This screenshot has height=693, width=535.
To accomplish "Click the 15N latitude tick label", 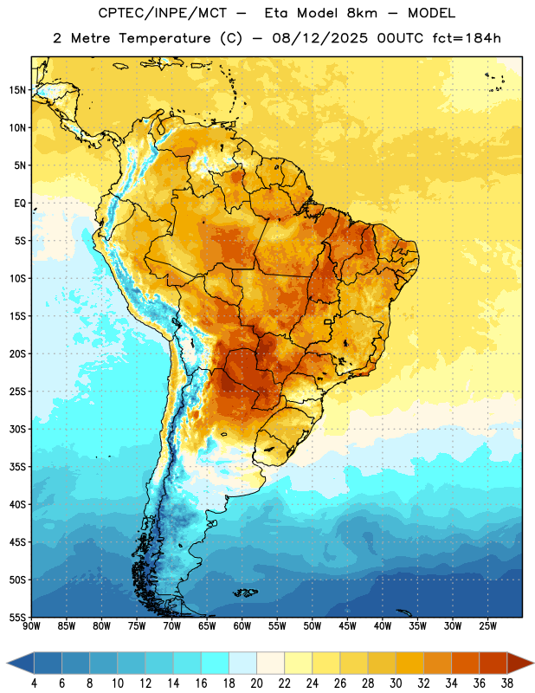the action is coord(17,90).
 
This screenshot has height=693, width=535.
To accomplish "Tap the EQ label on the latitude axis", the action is coord(20,204).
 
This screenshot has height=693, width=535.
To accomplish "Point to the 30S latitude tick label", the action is coord(17,429).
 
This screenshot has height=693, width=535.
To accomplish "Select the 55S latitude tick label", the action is coord(17,618).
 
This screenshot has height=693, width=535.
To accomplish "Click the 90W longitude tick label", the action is coord(31,626).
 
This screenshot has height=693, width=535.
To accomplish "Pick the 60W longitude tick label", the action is coord(242,626).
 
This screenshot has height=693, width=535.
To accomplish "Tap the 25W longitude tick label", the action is coord(487,626).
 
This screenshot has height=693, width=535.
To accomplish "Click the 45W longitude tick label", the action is coord(347,626).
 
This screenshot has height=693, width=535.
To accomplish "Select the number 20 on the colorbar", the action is coord(256,683).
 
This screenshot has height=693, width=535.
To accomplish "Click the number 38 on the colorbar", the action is coord(507,683).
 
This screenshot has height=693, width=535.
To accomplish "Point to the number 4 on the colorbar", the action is coord(34,683).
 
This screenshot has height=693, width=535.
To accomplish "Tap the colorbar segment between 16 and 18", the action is coord(216,663).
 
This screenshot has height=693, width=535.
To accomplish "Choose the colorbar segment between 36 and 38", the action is coord(493,663).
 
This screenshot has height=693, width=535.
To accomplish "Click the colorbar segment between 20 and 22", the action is coord(271,663).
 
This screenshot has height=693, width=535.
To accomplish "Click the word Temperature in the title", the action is coord(164,38).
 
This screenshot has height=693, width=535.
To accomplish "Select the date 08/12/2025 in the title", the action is coord(319,38).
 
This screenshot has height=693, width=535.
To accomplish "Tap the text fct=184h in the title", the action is coord(467,38).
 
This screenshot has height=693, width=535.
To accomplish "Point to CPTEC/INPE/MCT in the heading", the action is coord(162,13).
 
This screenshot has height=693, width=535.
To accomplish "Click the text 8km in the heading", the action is coord(362,13).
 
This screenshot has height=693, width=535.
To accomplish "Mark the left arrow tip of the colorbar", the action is coord(7,663).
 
